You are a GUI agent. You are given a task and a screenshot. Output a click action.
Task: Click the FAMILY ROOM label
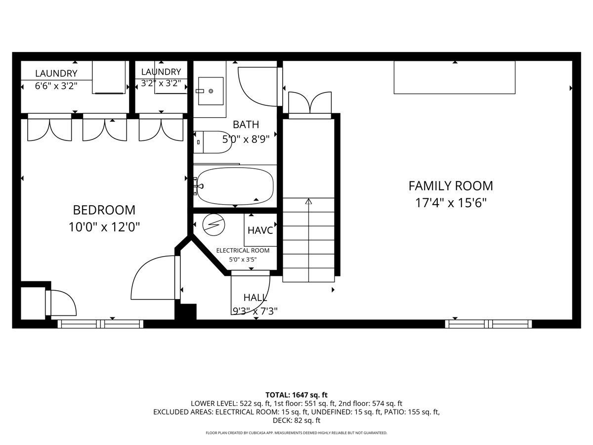coord(451,186)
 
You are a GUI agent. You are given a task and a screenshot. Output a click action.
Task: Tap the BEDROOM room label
coord(104,210)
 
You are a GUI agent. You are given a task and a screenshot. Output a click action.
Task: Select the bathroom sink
coord(211,91)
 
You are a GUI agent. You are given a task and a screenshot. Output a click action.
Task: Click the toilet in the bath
coord(212,142)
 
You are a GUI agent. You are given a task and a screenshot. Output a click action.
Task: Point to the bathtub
coord(235,186)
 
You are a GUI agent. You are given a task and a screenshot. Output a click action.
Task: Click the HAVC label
coord(260,230)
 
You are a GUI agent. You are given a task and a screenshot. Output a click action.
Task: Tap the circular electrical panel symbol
coord(213,225)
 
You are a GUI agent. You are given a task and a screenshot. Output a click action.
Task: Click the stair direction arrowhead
coord(308,201)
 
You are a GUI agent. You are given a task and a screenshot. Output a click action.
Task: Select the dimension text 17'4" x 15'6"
coord(451,203)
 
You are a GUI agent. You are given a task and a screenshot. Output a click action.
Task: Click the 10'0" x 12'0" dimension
coord(104,227)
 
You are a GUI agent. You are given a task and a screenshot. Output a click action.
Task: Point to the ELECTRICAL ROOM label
coord(243,251)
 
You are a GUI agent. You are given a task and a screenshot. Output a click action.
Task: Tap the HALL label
coord(255,298)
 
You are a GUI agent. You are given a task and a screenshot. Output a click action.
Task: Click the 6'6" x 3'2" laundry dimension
coord(56,86)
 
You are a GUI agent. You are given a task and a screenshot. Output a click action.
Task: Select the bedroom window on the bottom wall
coord(100,324)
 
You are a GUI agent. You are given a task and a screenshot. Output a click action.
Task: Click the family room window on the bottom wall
coord(488,324)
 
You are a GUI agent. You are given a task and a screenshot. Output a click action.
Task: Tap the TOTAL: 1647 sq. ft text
coord(296,395)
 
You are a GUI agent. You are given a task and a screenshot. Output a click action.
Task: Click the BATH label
coord(246,125)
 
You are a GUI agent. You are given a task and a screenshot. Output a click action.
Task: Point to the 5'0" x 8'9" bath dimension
coord(246,139)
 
